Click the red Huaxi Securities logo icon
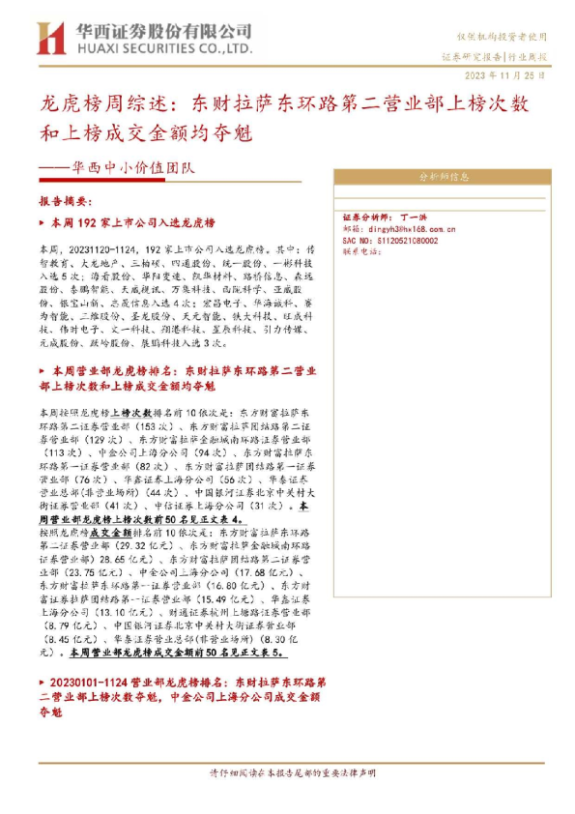48,38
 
